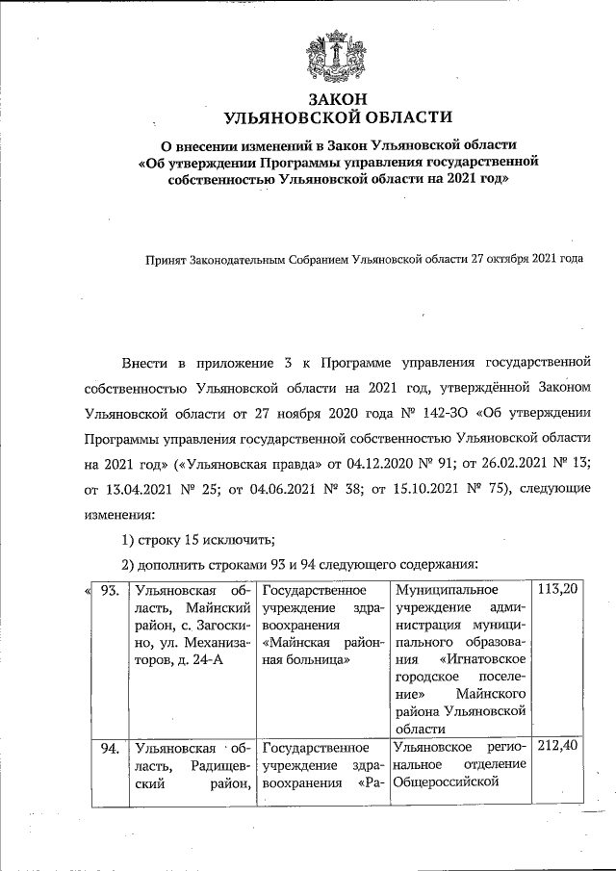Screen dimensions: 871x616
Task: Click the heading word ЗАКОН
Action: coord(337,99)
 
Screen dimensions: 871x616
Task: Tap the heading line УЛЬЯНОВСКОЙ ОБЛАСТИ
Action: coord(337,118)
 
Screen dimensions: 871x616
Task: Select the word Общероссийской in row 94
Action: coord(447,781)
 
